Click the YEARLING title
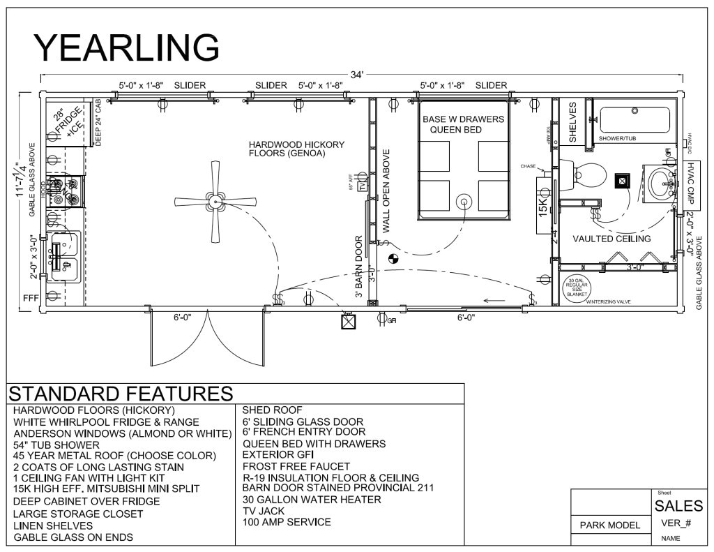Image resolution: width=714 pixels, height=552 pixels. tap(127, 47)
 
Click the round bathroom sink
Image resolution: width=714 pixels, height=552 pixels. tap(660, 183)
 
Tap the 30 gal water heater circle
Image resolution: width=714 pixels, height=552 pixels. tap(576, 289)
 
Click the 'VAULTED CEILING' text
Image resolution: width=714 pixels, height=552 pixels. tap(612, 239)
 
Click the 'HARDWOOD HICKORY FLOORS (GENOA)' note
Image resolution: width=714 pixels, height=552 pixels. tap(296, 149)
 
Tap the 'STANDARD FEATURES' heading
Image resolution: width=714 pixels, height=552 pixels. tap(120, 393)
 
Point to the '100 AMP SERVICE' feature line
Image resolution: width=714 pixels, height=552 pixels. tap(287, 522)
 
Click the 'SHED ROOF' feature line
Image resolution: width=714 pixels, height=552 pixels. tap(273, 410)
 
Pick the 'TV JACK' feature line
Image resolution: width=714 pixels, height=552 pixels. tap(264, 511)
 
